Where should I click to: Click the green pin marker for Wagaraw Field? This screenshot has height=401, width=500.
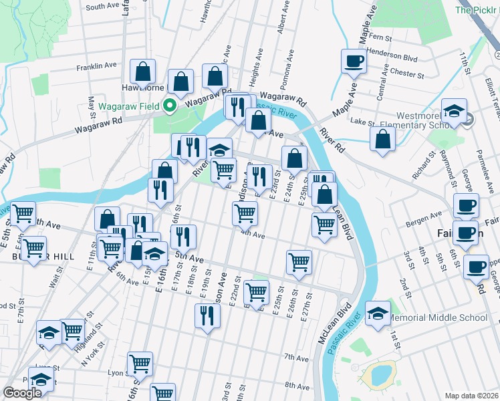[x=170, y=105]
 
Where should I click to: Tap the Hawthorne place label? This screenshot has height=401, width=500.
[x=142, y=88]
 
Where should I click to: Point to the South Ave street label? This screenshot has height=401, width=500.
[x=102, y=6]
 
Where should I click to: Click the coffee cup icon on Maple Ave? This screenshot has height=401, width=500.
[x=354, y=61]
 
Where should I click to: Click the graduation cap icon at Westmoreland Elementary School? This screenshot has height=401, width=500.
[x=455, y=110]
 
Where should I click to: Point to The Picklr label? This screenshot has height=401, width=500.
[x=477, y=10]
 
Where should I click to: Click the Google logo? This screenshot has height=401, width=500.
[x=22, y=393]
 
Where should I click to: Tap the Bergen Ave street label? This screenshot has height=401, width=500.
[x=426, y=216]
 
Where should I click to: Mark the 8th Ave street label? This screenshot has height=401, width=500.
[x=297, y=386]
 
